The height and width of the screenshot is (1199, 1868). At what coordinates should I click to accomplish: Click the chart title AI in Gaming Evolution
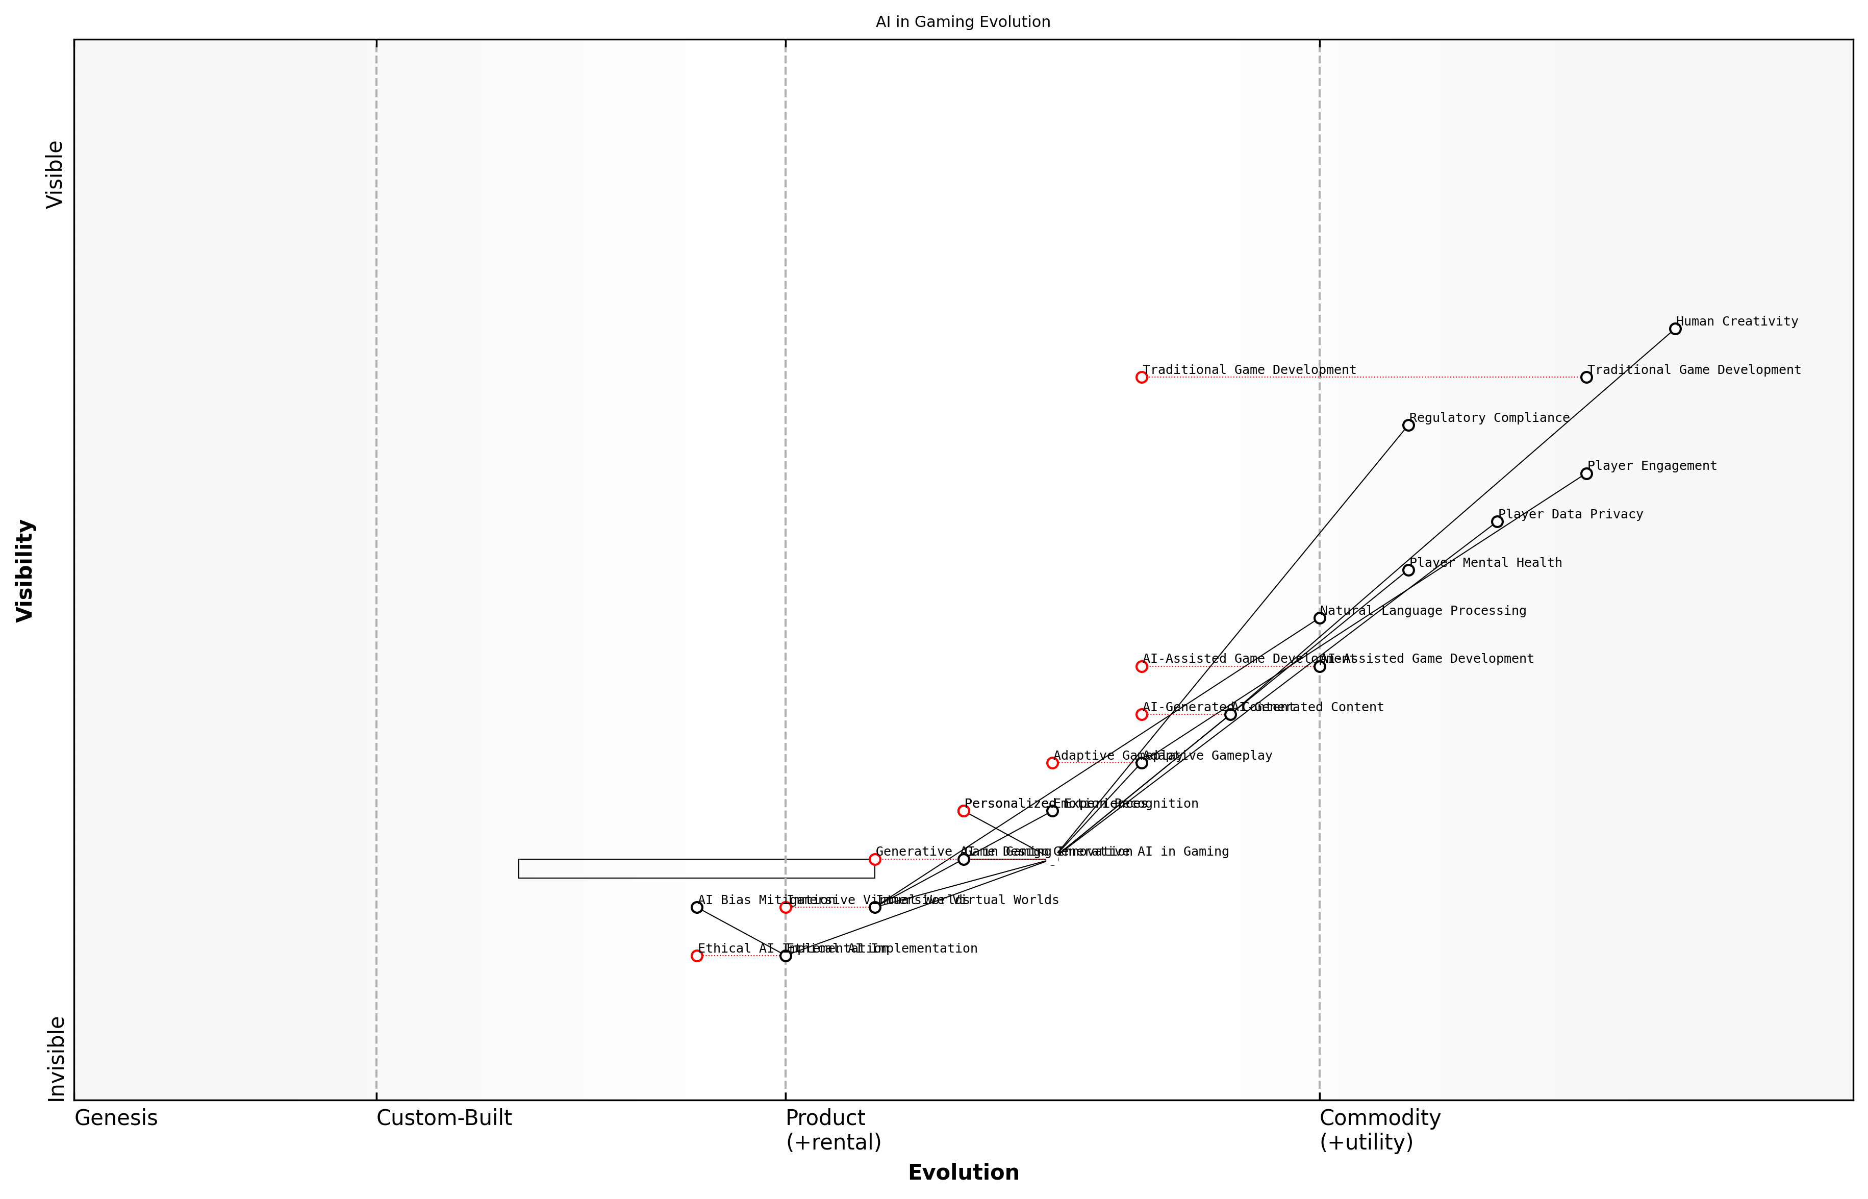[x=963, y=22]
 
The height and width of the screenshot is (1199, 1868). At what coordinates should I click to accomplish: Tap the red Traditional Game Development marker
[x=1141, y=378]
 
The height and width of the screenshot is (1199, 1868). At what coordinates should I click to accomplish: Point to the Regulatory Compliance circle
[x=1408, y=425]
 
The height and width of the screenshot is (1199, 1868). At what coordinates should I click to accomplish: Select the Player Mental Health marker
[x=1408, y=570]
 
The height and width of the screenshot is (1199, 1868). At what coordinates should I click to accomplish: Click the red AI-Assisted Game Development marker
[x=1141, y=666]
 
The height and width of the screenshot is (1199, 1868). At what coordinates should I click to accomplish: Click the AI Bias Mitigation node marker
[x=697, y=907]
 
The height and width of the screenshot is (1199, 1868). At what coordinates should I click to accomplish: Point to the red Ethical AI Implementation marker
[x=697, y=955]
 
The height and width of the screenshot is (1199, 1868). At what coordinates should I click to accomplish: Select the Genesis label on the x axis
[x=116, y=1118]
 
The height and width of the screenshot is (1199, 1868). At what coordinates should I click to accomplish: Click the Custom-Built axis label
[x=444, y=1118]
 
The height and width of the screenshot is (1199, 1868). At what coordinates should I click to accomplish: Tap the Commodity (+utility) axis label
[x=1379, y=1130]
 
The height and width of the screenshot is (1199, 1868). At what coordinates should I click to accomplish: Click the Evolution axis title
[x=963, y=1172]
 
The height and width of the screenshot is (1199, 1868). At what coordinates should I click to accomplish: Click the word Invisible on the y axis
[x=55, y=1058]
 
